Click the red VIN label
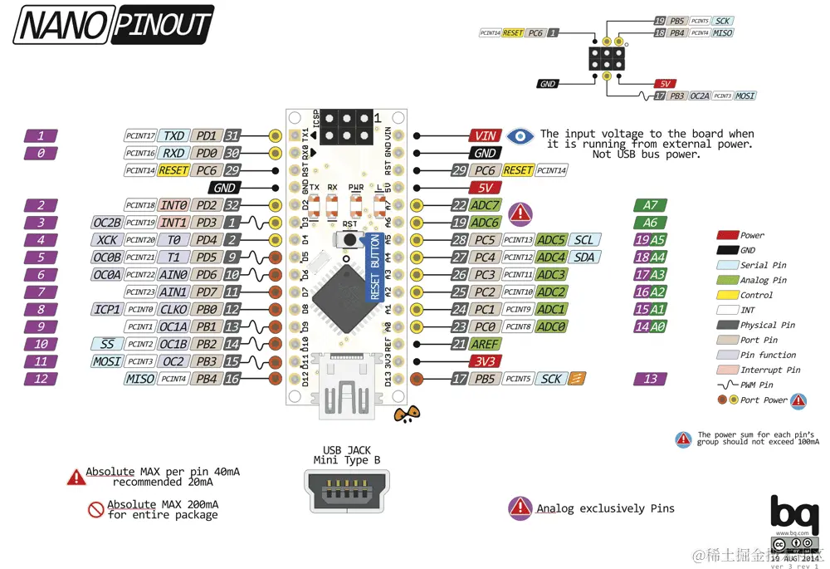[x=484, y=135]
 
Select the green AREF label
[x=485, y=344]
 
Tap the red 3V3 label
[x=485, y=361]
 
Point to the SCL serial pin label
[x=583, y=240]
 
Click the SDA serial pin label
[x=583, y=258]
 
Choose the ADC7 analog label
[x=485, y=205]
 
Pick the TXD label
[x=173, y=135]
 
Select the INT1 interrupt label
[x=173, y=223]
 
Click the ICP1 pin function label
[x=108, y=309]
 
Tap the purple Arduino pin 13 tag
[x=650, y=379]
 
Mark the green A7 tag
[x=650, y=205]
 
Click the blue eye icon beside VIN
[x=520, y=135]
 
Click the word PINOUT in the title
[x=162, y=25]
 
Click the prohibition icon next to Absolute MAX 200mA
[x=96, y=509]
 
